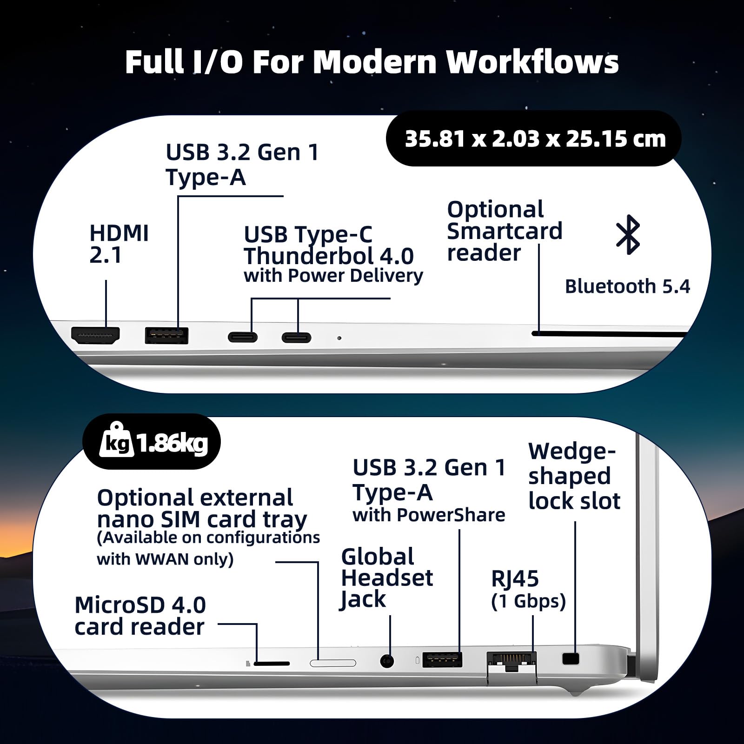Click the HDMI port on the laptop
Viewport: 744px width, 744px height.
95,335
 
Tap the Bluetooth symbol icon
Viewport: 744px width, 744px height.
628,234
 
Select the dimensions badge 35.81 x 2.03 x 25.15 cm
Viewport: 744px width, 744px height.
534,139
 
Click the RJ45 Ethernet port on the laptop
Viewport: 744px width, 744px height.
511,661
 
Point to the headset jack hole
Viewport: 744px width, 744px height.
387,661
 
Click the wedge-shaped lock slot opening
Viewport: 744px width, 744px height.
571,658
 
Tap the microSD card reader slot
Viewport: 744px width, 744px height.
272,663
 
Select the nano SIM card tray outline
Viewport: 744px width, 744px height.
333,663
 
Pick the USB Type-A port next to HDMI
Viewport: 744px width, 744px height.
166,335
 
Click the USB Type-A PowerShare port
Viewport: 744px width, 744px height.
442,659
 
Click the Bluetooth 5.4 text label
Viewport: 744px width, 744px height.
627,286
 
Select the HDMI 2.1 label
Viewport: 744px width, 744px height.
119,244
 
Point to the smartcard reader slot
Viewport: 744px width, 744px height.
609,333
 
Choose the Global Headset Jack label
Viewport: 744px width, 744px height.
387,578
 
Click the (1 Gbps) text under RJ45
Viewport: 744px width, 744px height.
528,601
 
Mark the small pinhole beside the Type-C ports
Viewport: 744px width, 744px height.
339,338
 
